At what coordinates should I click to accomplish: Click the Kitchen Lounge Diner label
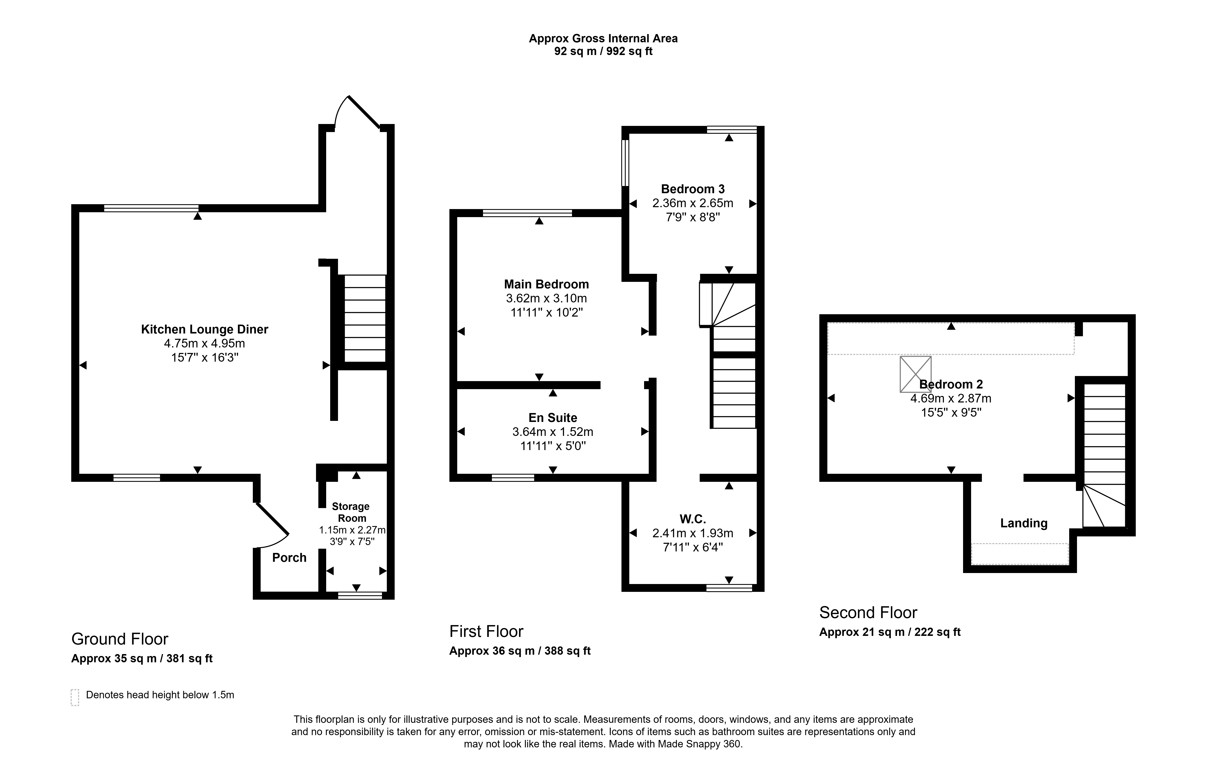point(204,330)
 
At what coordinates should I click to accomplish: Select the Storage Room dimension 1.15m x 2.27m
point(352,530)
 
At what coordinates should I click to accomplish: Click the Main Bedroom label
point(546,284)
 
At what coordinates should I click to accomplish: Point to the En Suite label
point(553,418)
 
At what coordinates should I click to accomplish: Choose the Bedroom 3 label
point(693,189)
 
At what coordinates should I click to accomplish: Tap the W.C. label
point(693,519)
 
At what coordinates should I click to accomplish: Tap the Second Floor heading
point(868,613)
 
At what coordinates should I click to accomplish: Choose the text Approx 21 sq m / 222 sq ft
point(890,632)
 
